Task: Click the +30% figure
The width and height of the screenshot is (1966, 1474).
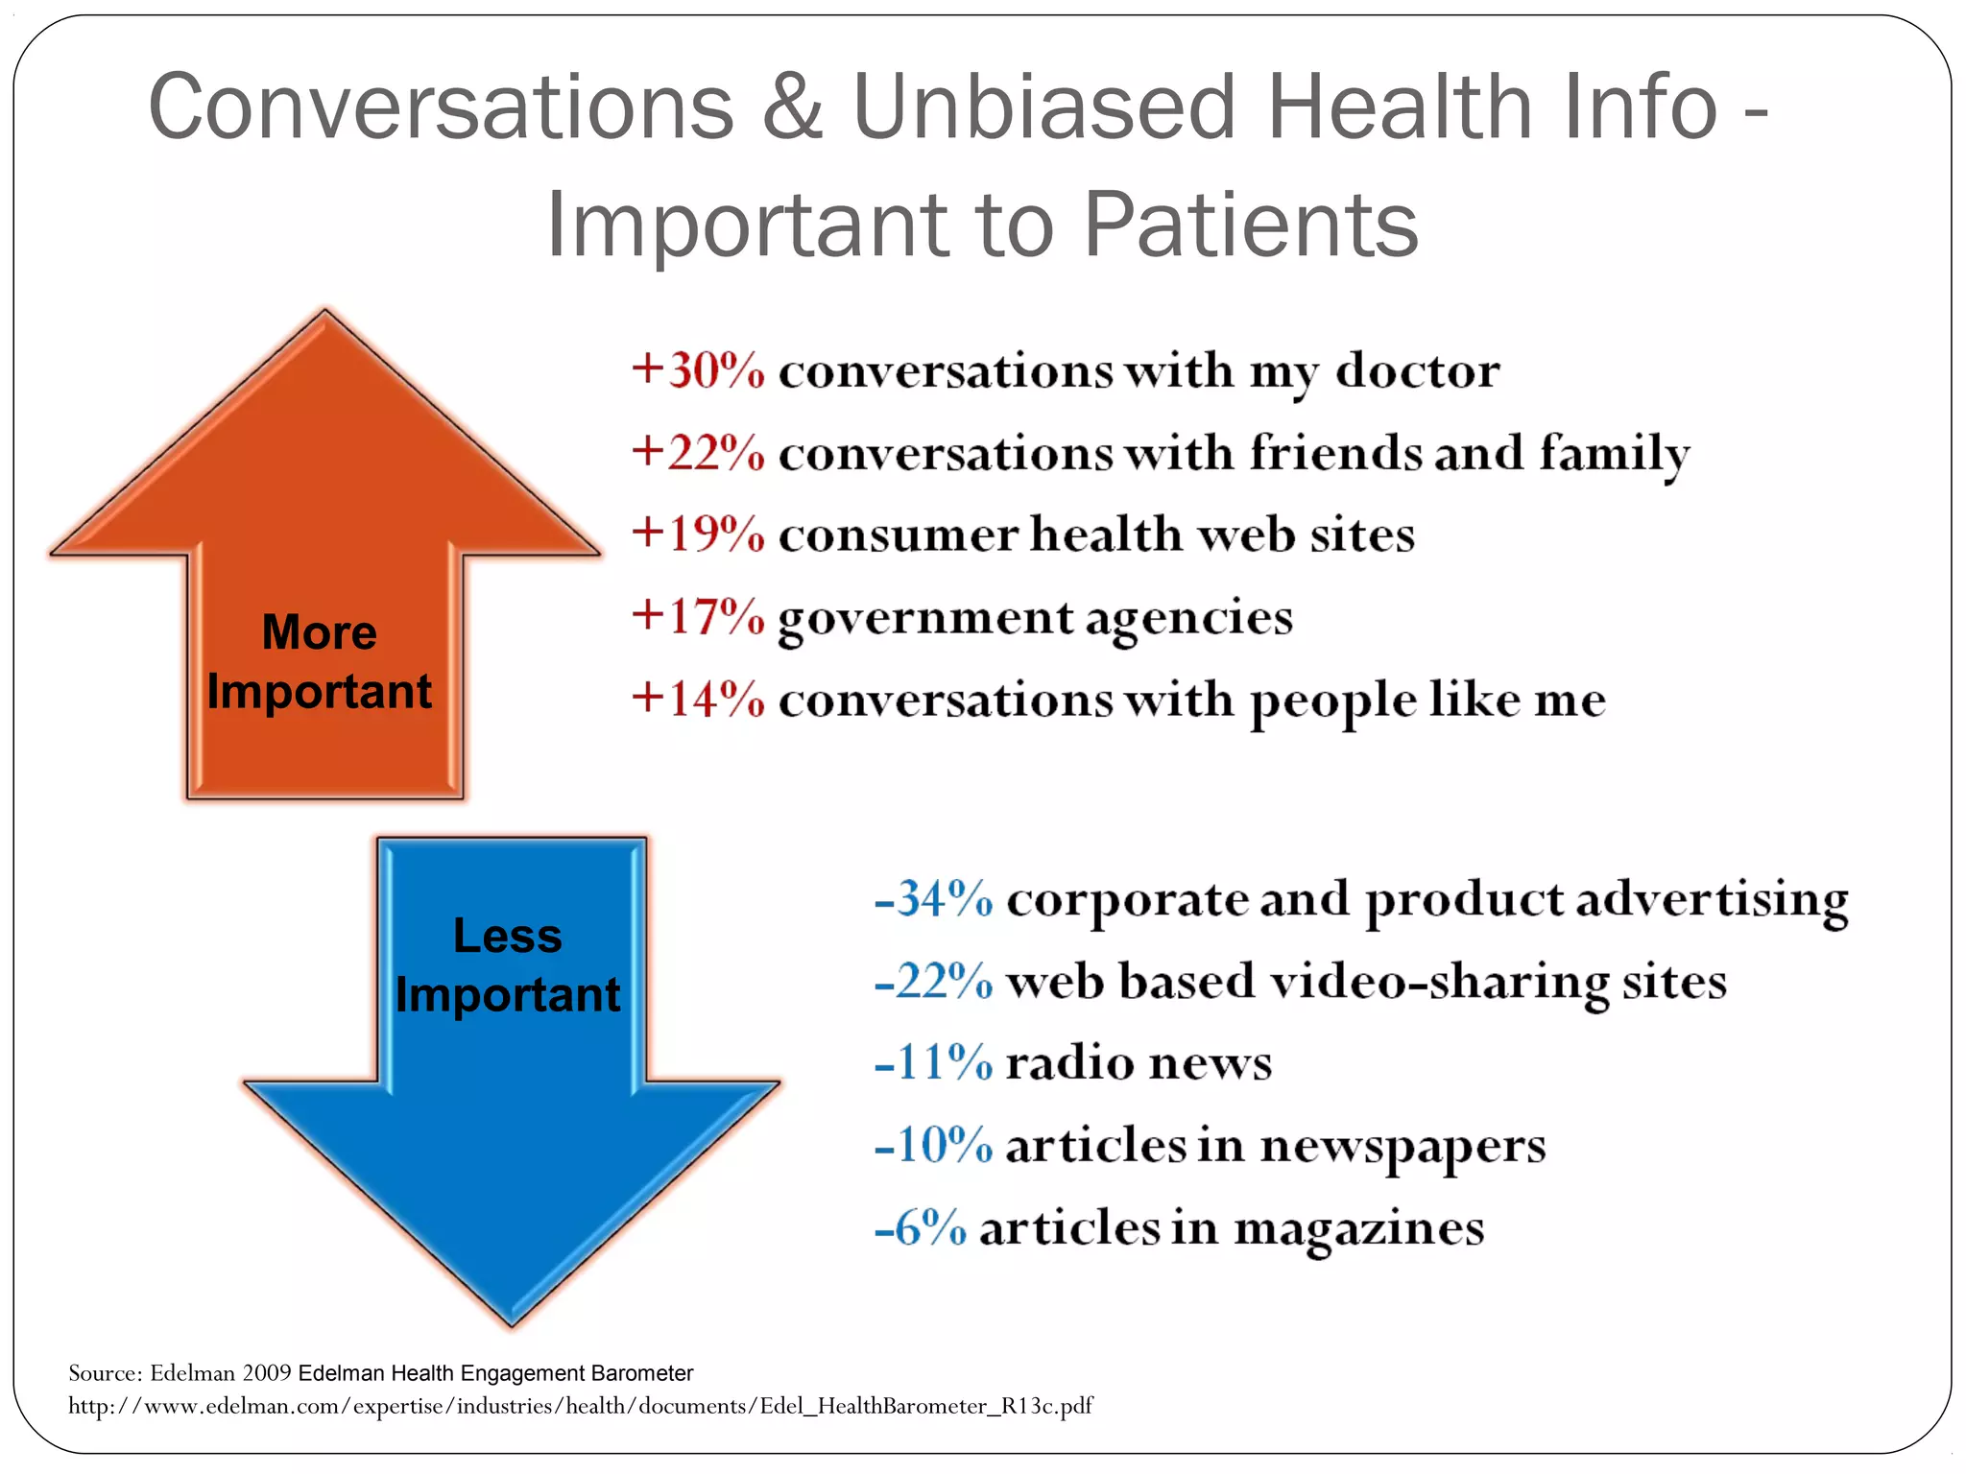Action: [x=698, y=370]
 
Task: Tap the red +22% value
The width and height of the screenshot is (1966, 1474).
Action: [x=698, y=452]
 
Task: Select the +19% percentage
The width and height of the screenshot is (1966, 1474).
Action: [x=698, y=535]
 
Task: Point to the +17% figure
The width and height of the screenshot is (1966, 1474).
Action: [x=698, y=616]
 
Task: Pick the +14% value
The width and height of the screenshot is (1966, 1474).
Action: [x=698, y=699]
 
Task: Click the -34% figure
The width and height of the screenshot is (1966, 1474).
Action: [x=933, y=899]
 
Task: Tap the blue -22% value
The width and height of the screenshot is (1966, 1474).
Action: [x=933, y=982]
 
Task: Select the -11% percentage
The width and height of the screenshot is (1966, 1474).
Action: [x=933, y=1063]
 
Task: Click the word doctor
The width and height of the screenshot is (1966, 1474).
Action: [x=1417, y=370]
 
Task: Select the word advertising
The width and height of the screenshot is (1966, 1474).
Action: [x=1712, y=900]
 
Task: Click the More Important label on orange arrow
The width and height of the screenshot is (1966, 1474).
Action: [x=320, y=661]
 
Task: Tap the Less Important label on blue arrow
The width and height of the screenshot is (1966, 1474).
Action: [x=508, y=964]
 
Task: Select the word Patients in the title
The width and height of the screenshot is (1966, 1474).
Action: [x=1251, y=226]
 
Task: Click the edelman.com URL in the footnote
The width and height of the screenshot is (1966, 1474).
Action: [x=580, y=1406]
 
